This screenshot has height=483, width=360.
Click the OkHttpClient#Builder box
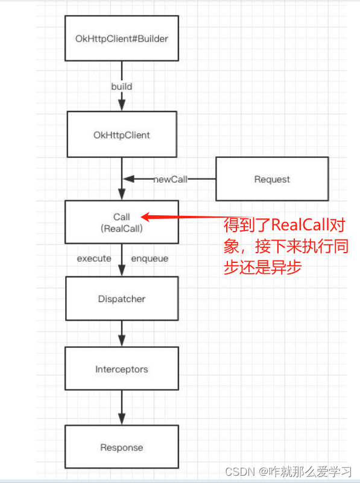[x=121, y=39]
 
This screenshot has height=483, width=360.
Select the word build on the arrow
[x=121, y=86]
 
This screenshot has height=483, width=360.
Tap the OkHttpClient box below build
[x=121, y=135]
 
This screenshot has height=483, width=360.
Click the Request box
[x=272, y=179]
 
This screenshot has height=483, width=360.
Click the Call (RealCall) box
[x=121, y=222]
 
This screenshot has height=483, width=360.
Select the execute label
[x=94, y=258]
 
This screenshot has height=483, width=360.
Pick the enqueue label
[x=150, y=258]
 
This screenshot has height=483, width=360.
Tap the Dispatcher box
[x=121, y=298]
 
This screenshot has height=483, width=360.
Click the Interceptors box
[x=121, y=368]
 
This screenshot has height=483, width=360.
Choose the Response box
[x=121, y=447]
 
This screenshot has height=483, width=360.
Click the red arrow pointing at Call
[x=181, y=216]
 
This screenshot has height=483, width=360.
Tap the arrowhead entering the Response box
[x=121, y=419]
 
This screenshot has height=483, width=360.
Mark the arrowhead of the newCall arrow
[x=127, y=179]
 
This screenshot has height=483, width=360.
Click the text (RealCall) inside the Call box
[x=121, y=228]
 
